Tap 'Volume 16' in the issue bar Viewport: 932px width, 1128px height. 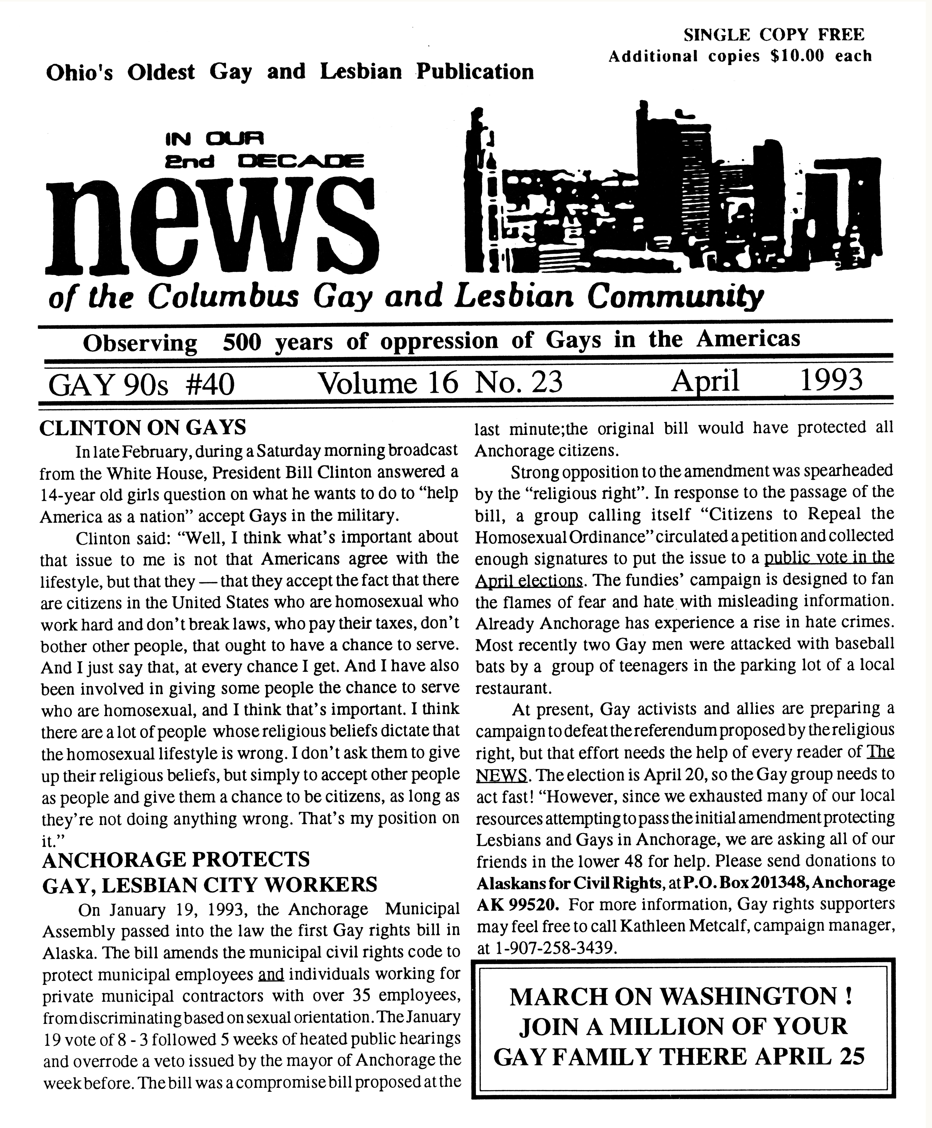point(388,383)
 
